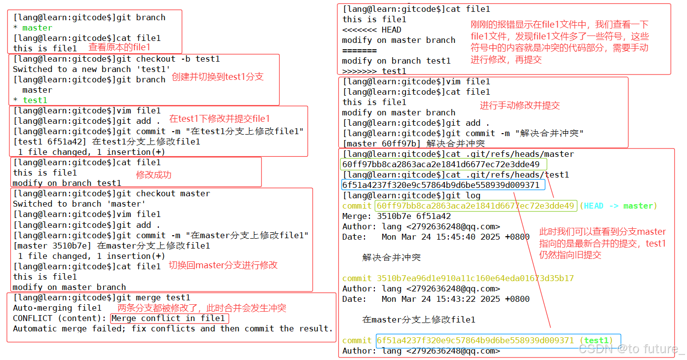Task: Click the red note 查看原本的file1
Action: click(119, 47)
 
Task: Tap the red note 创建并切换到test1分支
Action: click(217, 77)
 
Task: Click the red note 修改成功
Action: click(153, 175)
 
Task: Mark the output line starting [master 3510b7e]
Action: click(111, 246)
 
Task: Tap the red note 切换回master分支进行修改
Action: click(223, 265)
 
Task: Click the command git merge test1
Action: click(153, 298)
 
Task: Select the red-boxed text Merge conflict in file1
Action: click(170, 319)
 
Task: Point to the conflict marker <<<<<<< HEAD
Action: click(372, 30)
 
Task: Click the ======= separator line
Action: click(360, 50)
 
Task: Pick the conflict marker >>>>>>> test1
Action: click(374, 71)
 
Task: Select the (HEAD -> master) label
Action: click(618, 206)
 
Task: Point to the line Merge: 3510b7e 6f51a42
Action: click(397, 216)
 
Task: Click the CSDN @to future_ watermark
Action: click(632, 350)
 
